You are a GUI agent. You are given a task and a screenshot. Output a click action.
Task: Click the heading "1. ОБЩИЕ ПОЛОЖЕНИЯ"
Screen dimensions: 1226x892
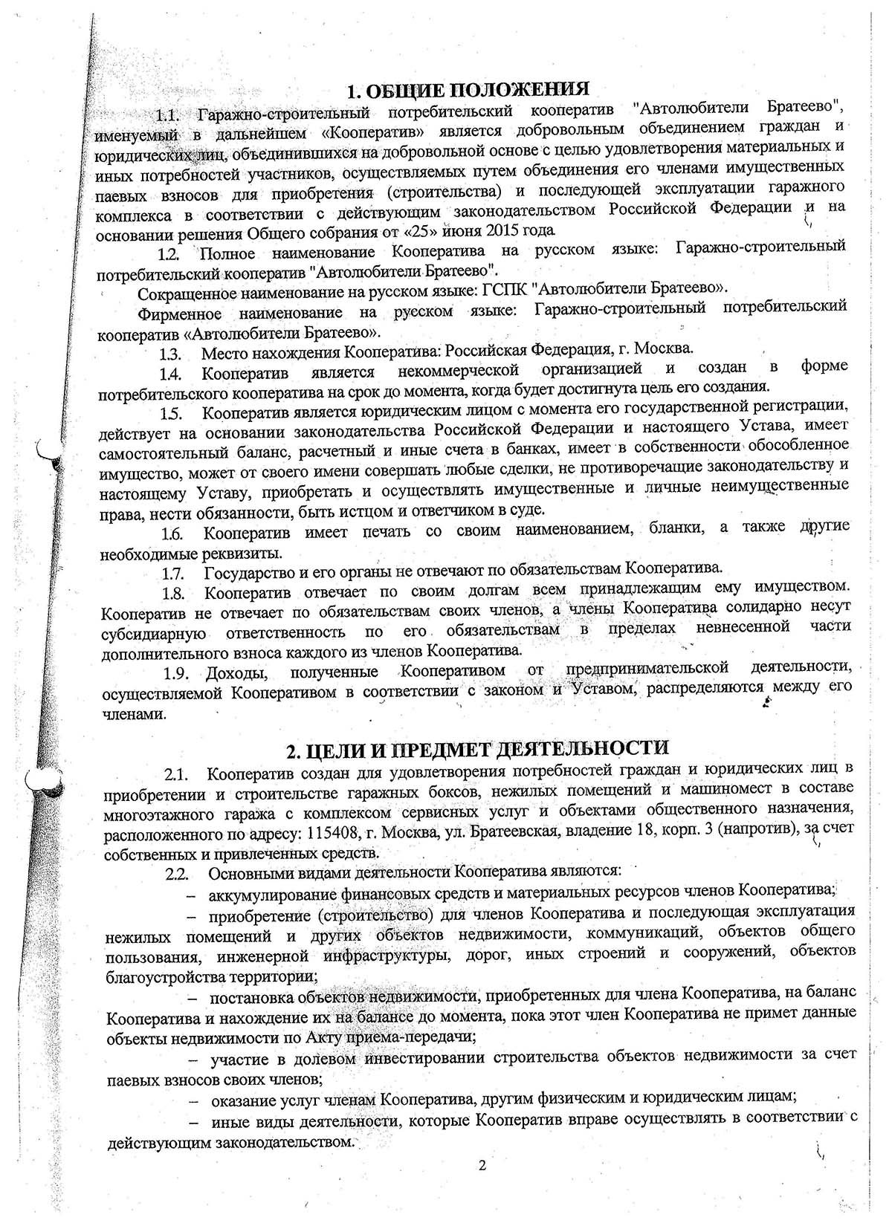(x=469, y=91)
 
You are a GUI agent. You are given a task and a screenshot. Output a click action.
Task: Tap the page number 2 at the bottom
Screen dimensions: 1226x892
(x=482, y=1164)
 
